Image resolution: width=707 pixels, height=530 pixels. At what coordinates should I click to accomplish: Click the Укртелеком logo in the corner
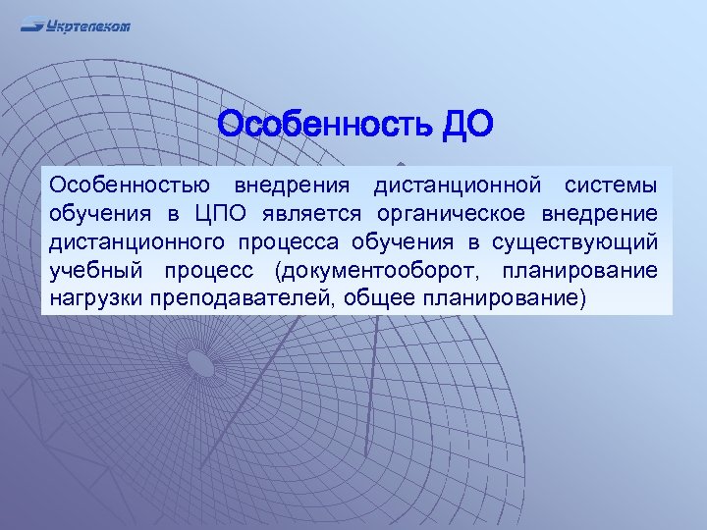(76, 26)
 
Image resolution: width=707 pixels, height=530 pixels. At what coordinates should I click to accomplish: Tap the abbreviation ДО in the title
(461, 126)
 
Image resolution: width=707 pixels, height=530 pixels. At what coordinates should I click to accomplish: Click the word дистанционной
(458, 185)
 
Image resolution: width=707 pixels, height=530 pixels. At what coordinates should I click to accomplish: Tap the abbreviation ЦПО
(225, 214)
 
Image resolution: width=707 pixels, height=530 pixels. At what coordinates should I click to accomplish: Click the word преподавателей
(241, 298)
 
